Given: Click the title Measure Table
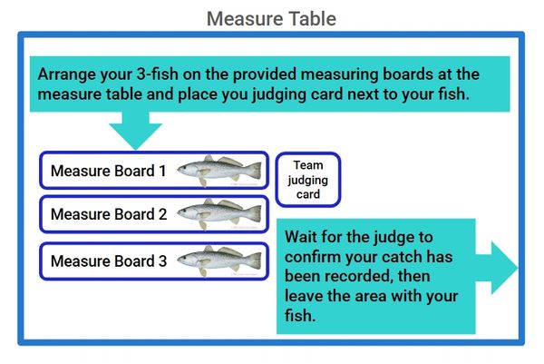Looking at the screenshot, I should point(271,18).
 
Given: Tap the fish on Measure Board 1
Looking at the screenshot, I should point(219,170).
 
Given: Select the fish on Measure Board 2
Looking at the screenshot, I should point(219,214).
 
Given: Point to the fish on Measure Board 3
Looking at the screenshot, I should point(219,260).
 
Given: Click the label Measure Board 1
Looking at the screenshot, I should point(109,171).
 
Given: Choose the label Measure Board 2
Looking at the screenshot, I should point(109,215).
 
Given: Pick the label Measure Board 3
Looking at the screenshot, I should point(109,261).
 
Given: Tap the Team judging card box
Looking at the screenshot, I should point(307,178).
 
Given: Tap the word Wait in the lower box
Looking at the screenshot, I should point(302,236).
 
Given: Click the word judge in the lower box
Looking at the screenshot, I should point(403,236).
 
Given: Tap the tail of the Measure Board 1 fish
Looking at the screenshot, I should point(255,170).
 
